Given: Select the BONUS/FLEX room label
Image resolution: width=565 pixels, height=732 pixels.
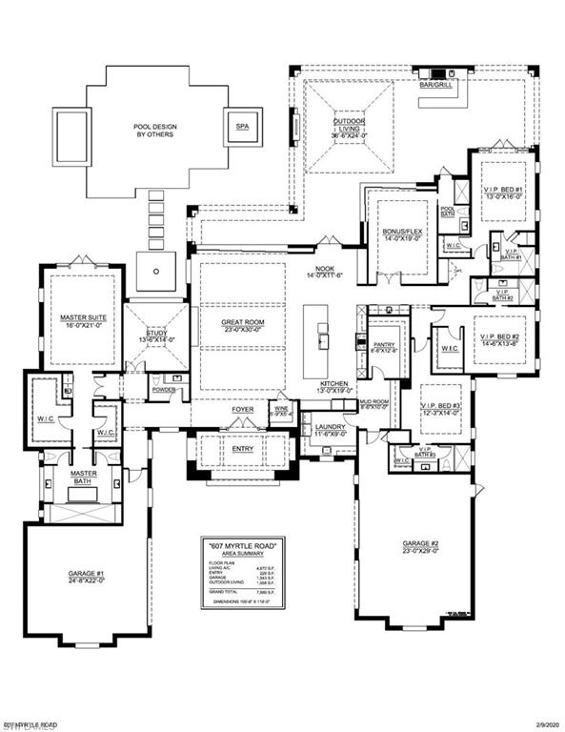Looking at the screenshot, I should pos(400,236).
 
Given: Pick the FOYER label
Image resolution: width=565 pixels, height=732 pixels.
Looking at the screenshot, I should pos(243,410).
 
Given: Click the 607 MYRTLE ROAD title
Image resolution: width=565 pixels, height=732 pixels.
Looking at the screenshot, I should pos(242,545).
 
